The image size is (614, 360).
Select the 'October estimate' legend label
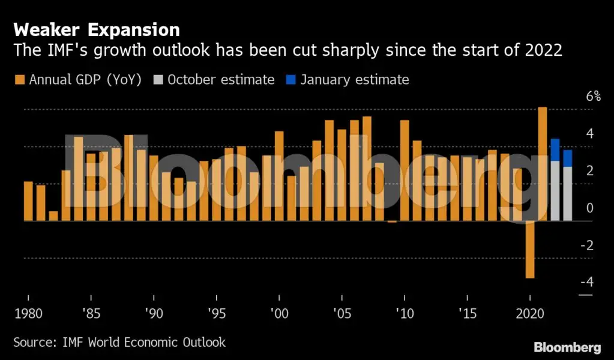pos(221,80)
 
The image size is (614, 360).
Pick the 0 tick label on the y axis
pos(589,208)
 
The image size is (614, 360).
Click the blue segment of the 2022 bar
pos(555,150)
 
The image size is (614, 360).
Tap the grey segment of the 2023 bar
pos(568,194)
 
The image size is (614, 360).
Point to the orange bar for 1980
pos(28,201)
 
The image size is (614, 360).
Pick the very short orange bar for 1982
pos(53,216)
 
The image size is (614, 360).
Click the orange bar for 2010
pos(405,170)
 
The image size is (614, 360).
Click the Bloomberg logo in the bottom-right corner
pos(567,347)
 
